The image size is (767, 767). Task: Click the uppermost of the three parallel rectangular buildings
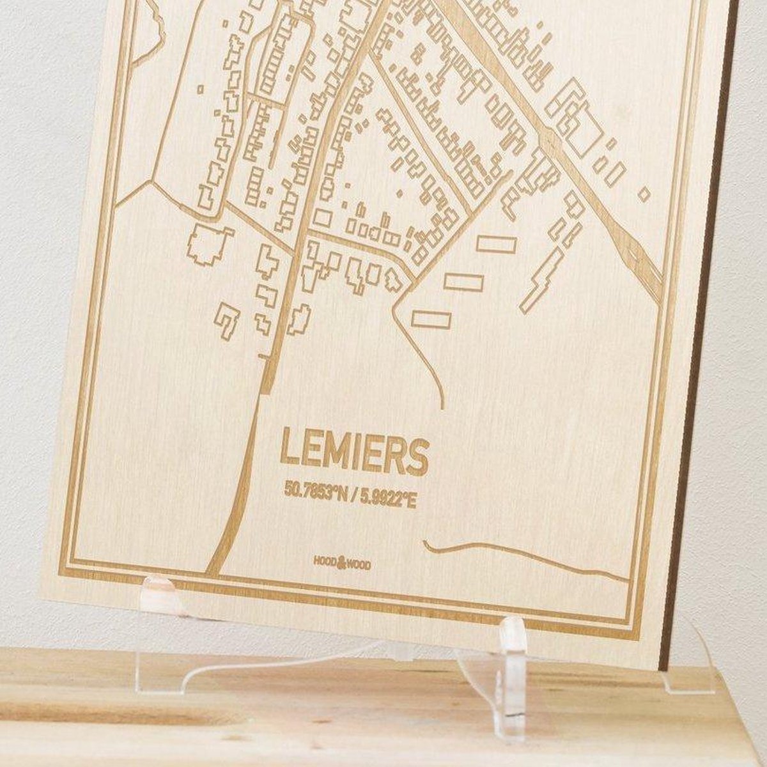click(496, 244)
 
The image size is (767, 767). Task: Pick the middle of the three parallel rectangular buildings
click(463, 282)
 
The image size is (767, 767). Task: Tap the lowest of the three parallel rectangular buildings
click(431, 319)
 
